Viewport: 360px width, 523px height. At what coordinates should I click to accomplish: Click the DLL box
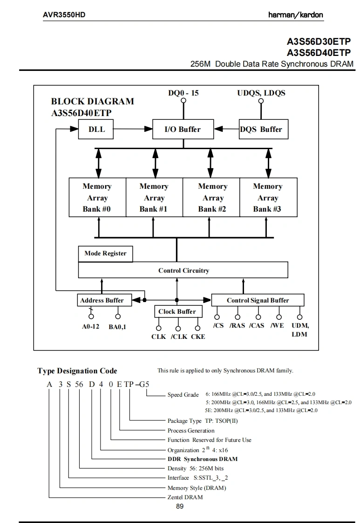(96, 129)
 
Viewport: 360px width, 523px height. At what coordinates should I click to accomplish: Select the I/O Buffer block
(183, 129)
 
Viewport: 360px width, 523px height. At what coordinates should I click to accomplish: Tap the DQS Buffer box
(261, 129)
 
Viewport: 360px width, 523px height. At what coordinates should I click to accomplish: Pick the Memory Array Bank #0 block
(97, 198)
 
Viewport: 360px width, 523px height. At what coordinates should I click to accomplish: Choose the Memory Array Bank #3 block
(267, 198)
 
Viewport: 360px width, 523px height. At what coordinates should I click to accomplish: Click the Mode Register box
(105, 254)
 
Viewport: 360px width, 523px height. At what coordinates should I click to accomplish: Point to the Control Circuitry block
(183, 270)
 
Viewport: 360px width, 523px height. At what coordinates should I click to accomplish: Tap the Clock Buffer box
(177, 311)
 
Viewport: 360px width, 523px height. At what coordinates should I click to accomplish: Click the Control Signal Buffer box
(258, 300)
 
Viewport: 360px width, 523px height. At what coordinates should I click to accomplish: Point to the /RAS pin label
(237, 325)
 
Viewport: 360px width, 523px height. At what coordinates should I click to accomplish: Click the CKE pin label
(198, 337)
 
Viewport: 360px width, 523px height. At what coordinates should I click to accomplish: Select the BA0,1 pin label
(118, 327)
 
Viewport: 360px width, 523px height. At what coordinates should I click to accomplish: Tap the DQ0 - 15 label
(183, 93)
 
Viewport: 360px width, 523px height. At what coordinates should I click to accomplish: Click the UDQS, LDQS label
(261, 93)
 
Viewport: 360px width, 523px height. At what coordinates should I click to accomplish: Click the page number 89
(180, 506)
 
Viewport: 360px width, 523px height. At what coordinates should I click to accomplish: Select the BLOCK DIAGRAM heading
(92, 101)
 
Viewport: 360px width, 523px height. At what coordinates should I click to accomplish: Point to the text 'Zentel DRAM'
(185, 497)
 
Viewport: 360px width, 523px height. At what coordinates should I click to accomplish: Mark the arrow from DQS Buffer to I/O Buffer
(226, 129)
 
